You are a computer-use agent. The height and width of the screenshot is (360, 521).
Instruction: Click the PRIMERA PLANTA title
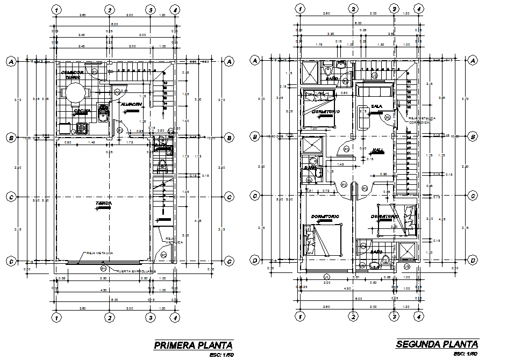click(193, 344)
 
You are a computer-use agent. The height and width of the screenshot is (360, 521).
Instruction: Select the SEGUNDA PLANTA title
click(437, 344)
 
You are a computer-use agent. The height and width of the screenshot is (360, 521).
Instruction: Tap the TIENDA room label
click(103, 204)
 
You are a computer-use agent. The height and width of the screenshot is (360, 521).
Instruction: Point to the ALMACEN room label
click(131, 104)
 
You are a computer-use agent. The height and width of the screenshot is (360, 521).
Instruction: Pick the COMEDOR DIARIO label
click(72, 75)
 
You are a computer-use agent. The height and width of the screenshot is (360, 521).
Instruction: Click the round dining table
click(73, 93)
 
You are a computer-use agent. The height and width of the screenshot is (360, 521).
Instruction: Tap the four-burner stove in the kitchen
click(82, 128)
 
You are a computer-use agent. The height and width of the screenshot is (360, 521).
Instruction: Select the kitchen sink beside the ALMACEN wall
click(104, 113)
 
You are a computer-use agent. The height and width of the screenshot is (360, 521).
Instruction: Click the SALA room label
click(377, 106)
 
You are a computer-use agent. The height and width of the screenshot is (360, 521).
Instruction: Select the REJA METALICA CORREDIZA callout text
click(422, 120)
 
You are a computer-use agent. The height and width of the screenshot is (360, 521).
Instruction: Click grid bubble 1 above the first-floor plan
click(57, 9)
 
